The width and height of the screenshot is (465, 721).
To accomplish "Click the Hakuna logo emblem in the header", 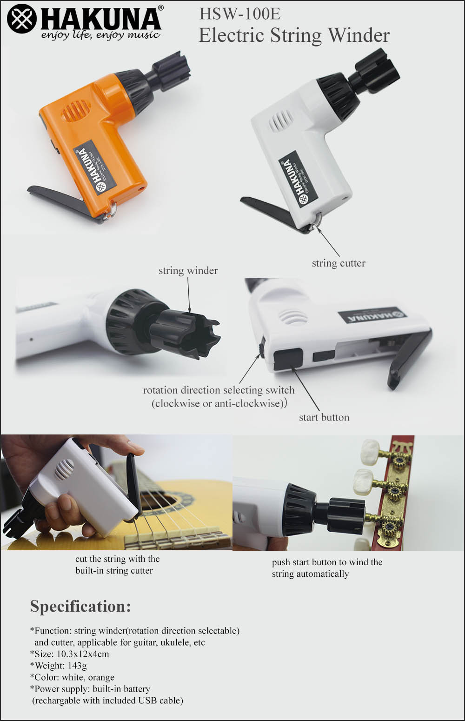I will tap(22, 19).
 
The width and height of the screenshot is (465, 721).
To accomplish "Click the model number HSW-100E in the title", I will tap(240, 14).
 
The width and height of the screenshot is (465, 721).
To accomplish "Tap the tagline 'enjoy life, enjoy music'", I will tap(100, 35).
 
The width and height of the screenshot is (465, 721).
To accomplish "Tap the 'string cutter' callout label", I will tap(339, 263).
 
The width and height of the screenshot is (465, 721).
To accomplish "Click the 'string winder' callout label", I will tap(188, 271).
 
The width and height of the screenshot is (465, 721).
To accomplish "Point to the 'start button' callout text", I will tap(324, 417).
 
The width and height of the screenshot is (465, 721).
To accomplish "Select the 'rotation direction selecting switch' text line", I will tap(219, 390).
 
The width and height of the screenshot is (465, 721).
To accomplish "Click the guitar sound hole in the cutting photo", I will tap(158, 501).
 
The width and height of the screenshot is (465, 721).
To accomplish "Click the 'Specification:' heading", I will tap(80, 607).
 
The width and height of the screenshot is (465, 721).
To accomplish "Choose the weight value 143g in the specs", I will tap(77, 666).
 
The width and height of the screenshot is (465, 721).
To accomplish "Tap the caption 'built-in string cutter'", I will tap(114, 571).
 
